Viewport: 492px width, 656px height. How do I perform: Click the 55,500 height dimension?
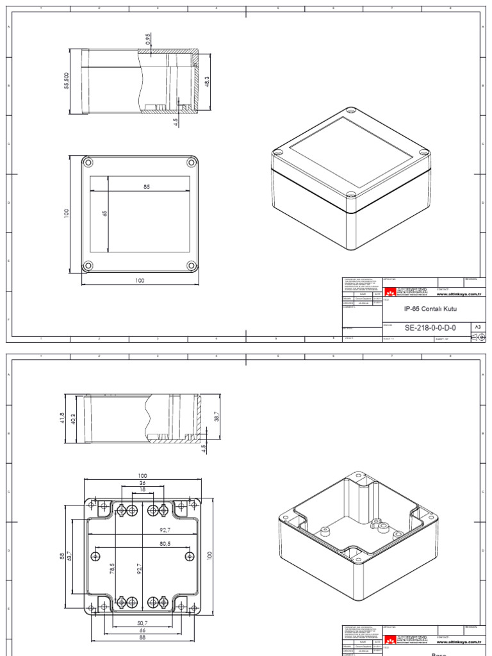pos(67,81)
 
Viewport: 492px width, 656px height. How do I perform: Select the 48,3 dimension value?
pos(206,83)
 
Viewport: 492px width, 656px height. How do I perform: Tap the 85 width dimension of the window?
pos(147,187)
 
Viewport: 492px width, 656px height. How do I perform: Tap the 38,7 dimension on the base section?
pos(216,416)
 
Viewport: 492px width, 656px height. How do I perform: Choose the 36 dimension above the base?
pos(142,483)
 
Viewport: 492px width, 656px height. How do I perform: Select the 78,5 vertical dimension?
pos(112,570)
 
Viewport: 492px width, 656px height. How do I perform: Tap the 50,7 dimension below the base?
pos(142,623)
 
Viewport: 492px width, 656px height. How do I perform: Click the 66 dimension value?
pos(142,630)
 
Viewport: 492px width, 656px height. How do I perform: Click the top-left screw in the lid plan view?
pos(88,161)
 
